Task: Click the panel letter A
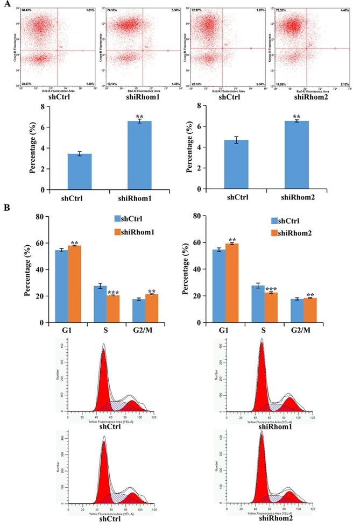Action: [4, 4]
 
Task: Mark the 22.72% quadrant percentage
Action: [196, 83]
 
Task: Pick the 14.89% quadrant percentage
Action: [280, 83]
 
